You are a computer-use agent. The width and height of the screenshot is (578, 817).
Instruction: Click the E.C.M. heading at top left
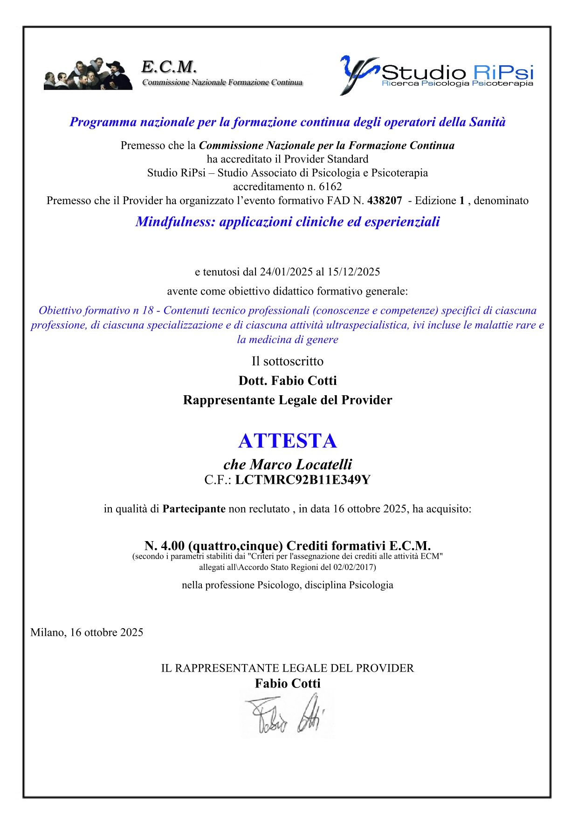(169, 68)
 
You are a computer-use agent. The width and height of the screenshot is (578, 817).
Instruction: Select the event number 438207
(385, 201)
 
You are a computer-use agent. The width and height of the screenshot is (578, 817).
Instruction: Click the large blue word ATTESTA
(287, 441)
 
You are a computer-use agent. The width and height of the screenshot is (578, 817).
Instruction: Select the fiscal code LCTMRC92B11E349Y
(303, 480)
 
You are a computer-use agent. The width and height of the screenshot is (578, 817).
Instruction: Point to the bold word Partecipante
(194, 509)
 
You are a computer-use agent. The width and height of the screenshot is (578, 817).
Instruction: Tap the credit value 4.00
(172, 546)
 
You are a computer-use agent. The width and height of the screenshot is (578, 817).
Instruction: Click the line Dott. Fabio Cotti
(288, 381)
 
